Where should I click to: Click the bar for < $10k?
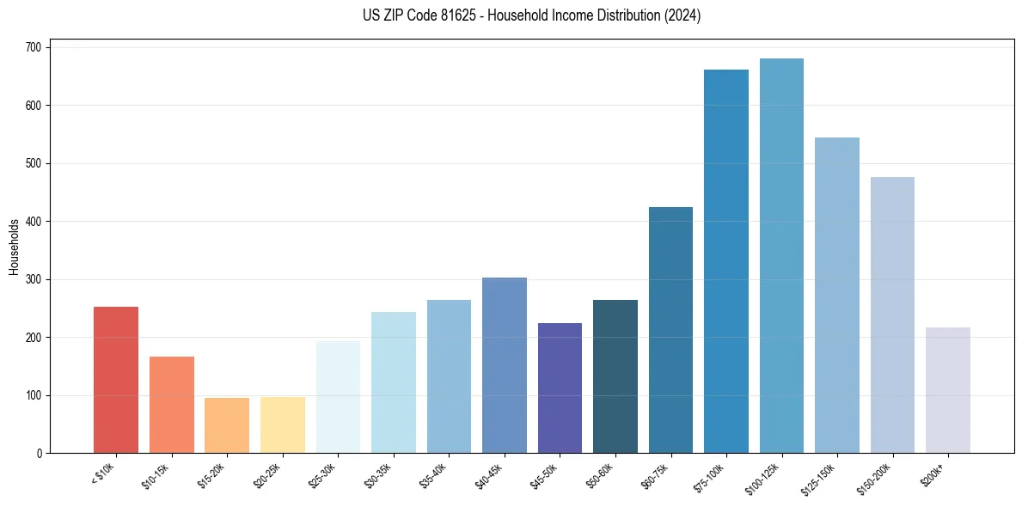[116, 380]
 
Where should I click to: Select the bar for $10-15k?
[172, 405]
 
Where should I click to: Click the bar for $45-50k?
[560, 388]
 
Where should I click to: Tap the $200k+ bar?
[948, 390]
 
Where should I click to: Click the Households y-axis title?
[14, 247]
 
